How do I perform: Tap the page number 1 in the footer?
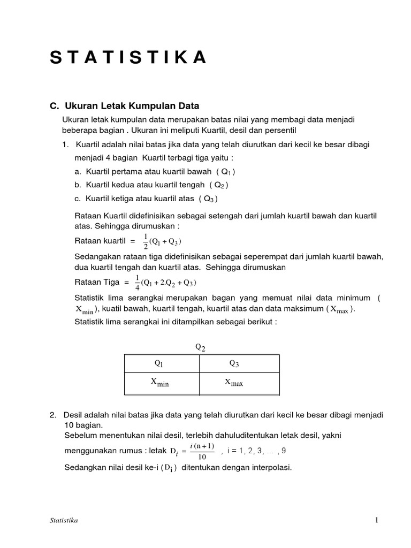377,520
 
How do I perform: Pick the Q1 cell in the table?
159,363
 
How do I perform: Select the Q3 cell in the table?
234,363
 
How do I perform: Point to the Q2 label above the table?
200,347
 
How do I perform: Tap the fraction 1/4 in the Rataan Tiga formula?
138,282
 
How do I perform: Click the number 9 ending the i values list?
291,451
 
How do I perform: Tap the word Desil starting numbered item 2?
73,415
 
